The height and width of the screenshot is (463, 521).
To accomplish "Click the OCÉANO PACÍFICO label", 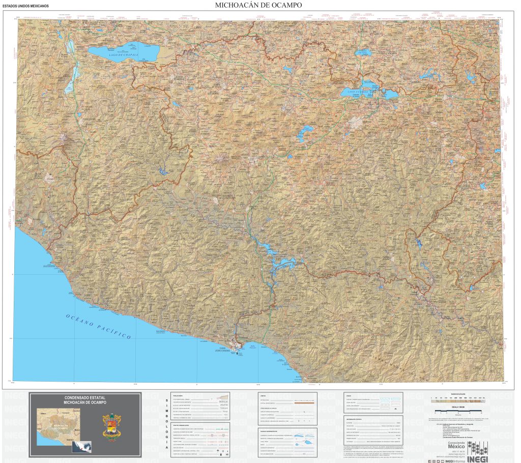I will coord(98,326).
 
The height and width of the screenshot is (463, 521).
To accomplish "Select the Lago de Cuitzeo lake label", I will coord(354,92).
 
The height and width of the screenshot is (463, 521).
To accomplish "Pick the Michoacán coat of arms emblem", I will coord(111,424).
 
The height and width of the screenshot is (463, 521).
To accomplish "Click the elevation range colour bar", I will coord(458,400).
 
